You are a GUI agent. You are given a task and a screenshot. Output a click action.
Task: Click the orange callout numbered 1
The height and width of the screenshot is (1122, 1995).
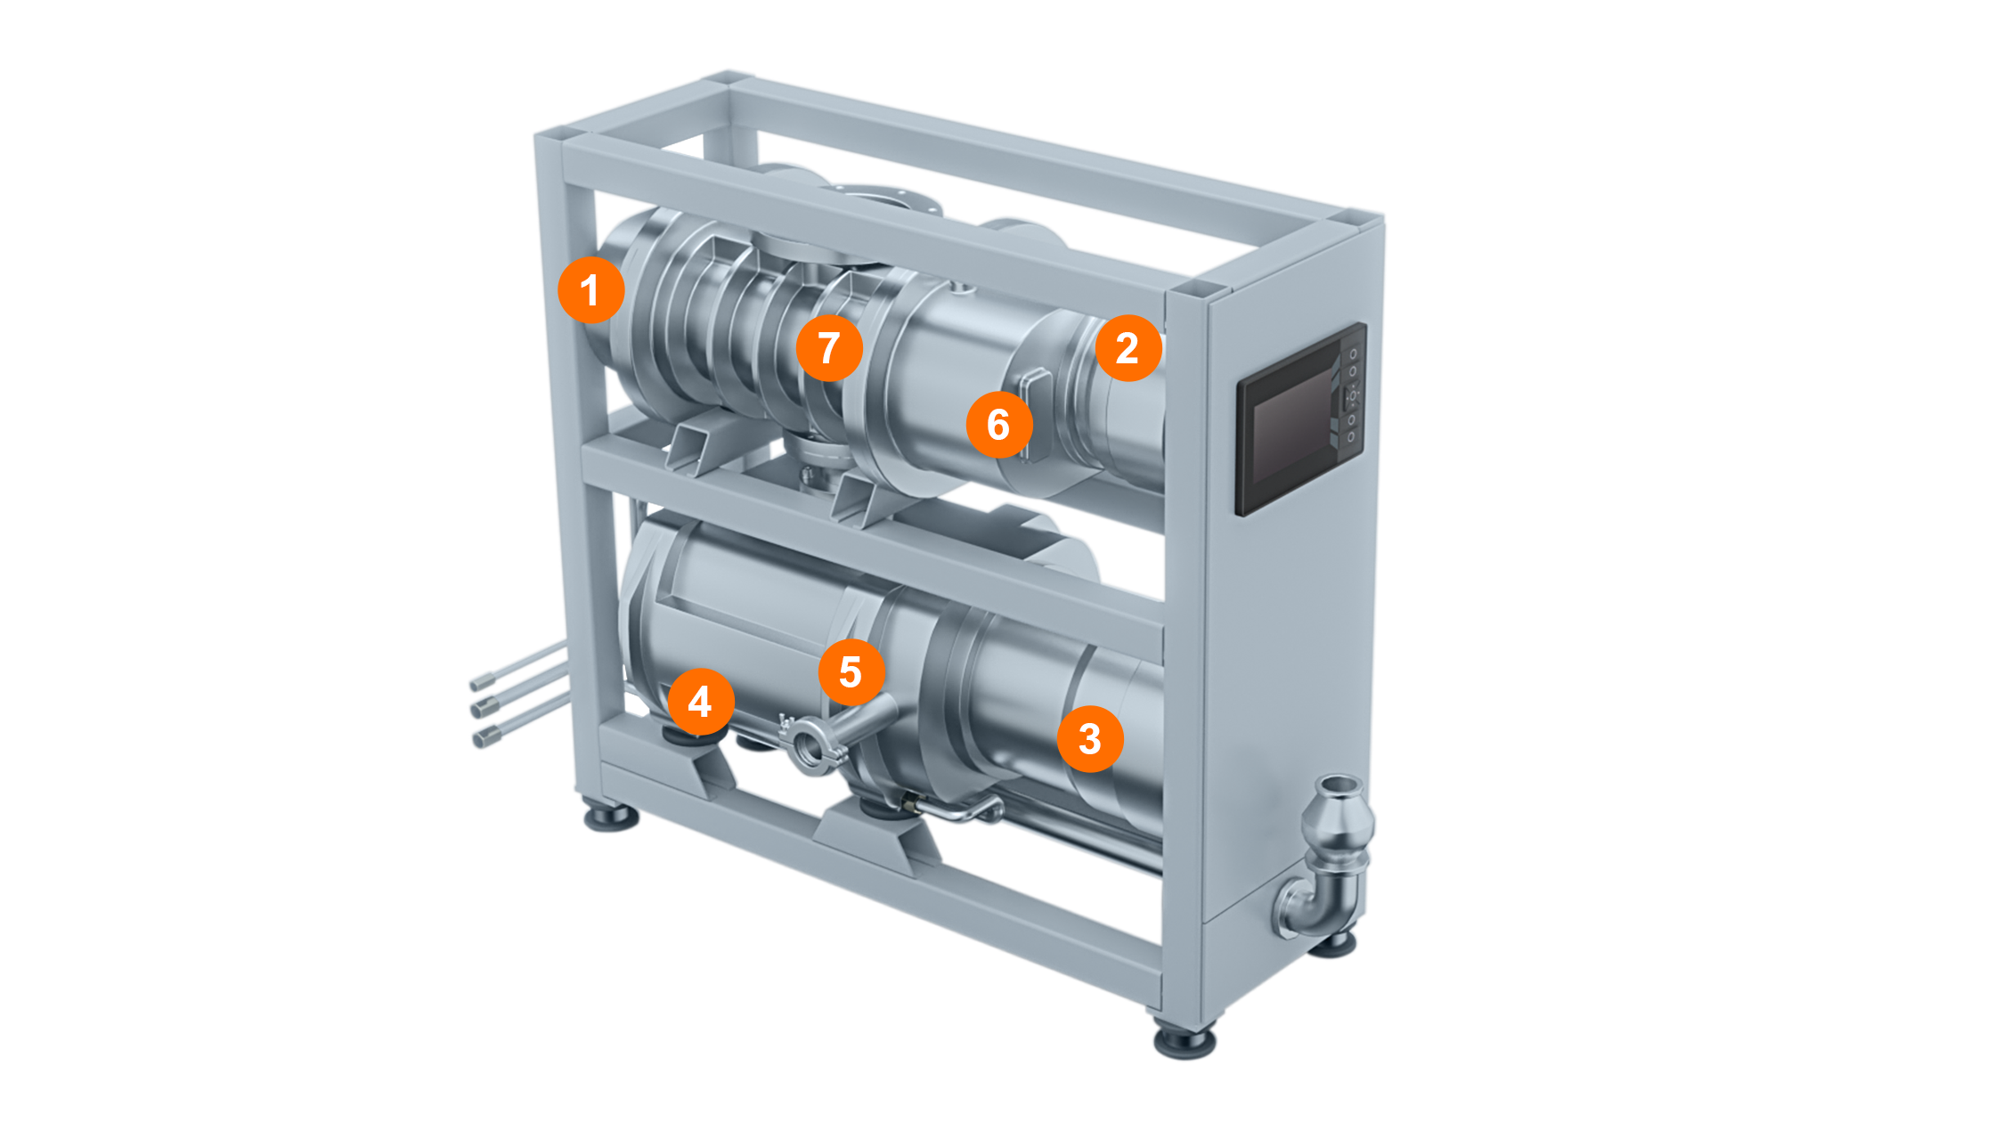(x=590, y=289)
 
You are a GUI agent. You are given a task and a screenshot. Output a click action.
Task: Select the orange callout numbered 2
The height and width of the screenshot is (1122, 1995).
(x=1128, y=347)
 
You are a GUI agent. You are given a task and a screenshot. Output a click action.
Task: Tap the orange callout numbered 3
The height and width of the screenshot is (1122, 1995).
(x=1090, y=738)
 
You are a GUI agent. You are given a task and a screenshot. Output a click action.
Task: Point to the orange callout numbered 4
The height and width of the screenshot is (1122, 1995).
(x=700, y=702)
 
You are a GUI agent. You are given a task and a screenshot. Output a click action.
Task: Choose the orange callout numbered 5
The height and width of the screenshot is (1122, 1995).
(x=851, y=671)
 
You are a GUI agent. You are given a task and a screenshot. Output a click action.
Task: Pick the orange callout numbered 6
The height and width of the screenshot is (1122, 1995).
(x=998, y=424)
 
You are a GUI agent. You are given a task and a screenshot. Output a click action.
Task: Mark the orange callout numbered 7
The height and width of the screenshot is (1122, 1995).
(x=828, y=347)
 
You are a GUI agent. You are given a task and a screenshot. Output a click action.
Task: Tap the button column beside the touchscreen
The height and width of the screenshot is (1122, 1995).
(x=1351, y=394)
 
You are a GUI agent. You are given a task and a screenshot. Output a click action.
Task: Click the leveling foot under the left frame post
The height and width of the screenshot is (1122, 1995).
(x=611, y=817)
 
